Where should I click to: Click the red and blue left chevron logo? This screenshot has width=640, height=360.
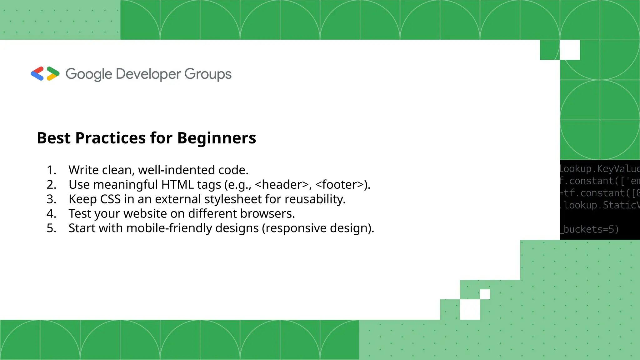coord(37,74)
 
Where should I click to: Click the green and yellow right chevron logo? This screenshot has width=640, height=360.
coord(53,74)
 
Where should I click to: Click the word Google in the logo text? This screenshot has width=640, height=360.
coord(89,74)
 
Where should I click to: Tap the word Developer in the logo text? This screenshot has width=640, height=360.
coord(148,74)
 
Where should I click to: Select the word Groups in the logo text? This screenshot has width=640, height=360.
coord(208,74)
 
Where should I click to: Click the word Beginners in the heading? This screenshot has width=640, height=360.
coord(217,138)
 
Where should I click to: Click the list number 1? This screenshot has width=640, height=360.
coord(51,170)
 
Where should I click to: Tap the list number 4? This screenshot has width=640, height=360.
coord(51,214)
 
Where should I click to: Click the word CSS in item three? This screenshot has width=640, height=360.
coord(110,199)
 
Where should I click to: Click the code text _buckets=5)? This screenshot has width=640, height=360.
coord(589,229)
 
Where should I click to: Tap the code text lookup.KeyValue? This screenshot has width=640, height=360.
coord(599,169)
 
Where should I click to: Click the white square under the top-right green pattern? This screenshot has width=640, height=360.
coord(570,50)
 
